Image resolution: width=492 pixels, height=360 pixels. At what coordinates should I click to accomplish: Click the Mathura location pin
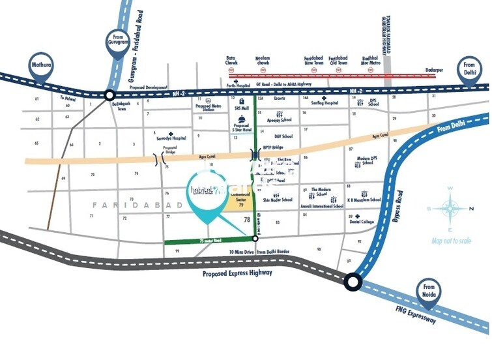[41, 67]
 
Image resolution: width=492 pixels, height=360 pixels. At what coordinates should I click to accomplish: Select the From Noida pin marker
[428, 290]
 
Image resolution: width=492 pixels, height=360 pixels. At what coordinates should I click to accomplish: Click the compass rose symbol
[450, 209]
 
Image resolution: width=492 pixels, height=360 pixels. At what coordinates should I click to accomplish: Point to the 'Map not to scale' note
[451, 241]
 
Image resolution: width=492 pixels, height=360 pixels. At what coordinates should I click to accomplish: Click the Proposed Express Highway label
[237, 273]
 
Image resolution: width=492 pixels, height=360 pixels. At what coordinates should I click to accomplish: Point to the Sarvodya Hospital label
[171, 138]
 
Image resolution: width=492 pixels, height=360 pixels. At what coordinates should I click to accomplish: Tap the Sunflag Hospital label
[325, 103]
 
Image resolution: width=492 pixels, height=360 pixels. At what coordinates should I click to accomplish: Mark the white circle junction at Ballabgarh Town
[109, 95]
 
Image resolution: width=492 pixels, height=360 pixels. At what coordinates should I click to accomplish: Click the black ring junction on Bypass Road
[353, 282]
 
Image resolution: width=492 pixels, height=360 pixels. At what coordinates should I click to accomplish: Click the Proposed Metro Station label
[209, 107]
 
